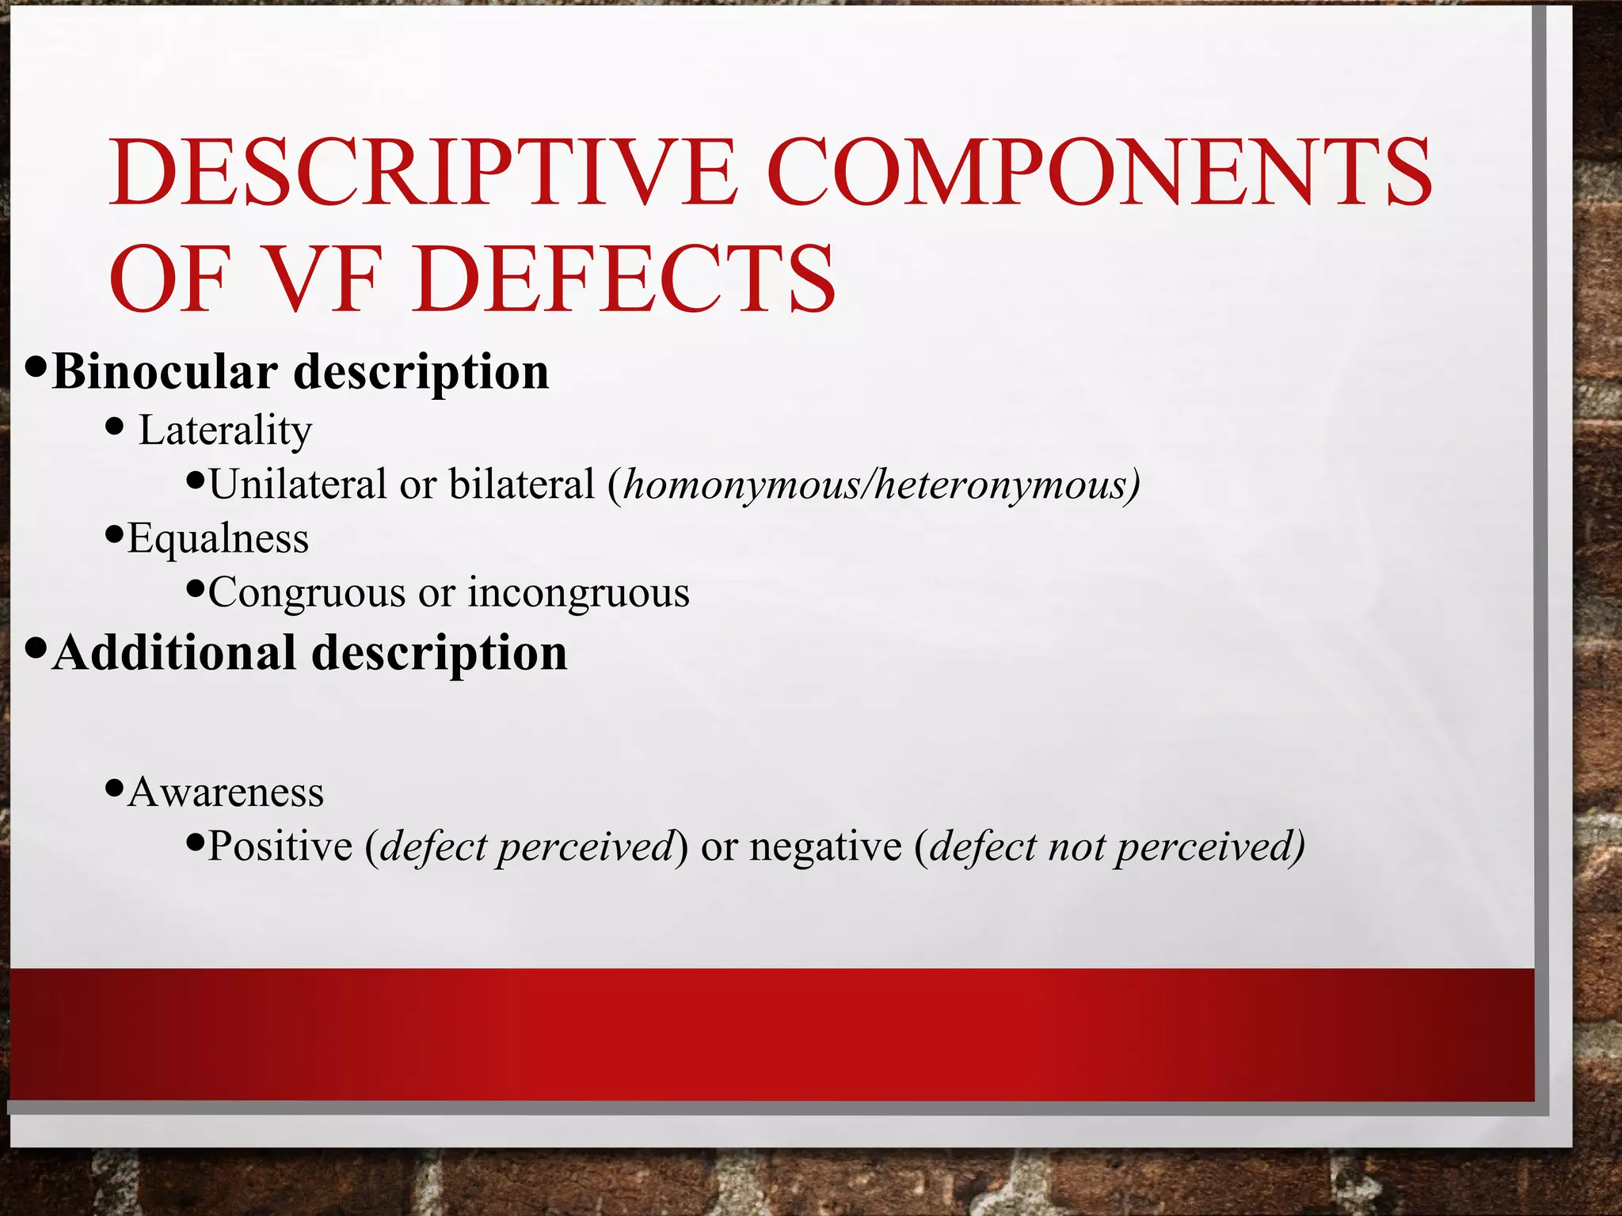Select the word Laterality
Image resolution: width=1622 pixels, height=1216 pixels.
coord(225,431)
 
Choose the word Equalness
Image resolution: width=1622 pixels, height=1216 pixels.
coord(218,538)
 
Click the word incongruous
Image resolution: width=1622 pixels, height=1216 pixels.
coord(579,593)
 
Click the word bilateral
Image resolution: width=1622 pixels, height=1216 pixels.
coord(521,484)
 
